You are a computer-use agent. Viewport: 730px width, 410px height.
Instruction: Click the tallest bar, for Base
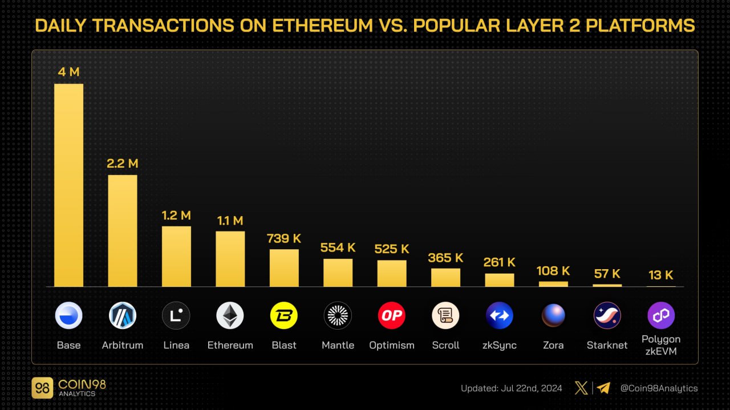(x=68, y=185)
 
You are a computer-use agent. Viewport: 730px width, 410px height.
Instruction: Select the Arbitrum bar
(x=123, y=231)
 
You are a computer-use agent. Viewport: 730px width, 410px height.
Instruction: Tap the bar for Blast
(x=284, y=268)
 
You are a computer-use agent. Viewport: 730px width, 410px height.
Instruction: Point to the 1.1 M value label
(x=230, y=221)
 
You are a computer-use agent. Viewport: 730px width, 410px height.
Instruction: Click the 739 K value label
(x=284, y=238)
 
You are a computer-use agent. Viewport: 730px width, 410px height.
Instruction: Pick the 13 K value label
(x=661, y=275)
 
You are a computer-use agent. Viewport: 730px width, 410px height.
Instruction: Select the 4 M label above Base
(x=68, y=72)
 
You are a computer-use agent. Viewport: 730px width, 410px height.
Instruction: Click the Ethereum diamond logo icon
(x=230, y=315)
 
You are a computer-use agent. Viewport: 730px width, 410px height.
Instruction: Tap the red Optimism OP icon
(x=392, y=315)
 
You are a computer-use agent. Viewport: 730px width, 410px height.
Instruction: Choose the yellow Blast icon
(x=284, y=315)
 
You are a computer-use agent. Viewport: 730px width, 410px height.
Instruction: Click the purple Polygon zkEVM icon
(x=661, y=315)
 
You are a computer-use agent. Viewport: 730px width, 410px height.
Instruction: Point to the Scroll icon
(x=445, y=315)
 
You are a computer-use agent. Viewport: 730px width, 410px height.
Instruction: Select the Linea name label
(x=176, y=345)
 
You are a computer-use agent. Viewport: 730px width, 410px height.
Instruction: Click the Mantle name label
(x=338, y=345)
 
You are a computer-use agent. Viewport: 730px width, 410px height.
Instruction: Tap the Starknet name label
(x=607, y=345)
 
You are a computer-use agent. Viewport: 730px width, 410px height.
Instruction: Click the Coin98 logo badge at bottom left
(x=43, y=388)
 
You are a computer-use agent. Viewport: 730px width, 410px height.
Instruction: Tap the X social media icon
(x=581, y=388)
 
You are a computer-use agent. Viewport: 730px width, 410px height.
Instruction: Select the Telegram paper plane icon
(x=603, y=388)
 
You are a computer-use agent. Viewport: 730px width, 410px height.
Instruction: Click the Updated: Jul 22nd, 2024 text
(x=512, y=388)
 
